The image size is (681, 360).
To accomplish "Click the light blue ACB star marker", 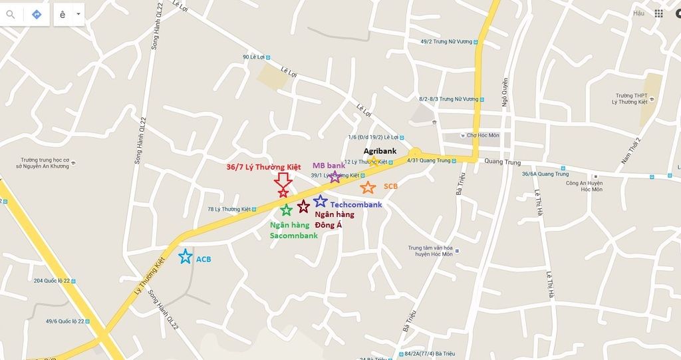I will point(185,256).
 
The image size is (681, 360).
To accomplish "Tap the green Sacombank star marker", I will point(286,210).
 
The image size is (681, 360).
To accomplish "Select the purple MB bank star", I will point(335,177).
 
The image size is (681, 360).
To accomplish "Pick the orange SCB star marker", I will point(368,187).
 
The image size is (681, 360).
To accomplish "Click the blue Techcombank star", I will point(321,200).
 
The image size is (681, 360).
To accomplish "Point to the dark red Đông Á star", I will point(303,206).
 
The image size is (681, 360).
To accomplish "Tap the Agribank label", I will point(380,151).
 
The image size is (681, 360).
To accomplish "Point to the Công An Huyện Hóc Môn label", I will point(584,186).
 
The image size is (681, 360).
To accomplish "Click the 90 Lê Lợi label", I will point(255,57).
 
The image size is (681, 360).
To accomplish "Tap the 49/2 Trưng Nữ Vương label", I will point(446,41).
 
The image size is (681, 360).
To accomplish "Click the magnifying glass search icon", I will point(11,14).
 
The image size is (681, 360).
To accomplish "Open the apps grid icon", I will point(658,13).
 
